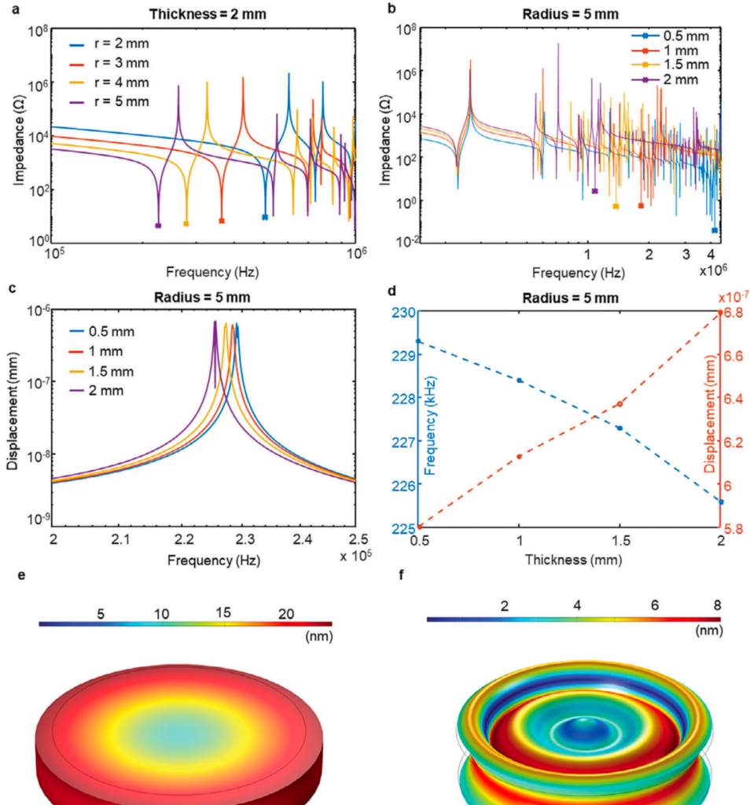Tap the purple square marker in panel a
click(x=159, y=226)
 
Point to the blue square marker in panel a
click(x=265, y=217)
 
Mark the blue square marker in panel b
click(x=715, y=230)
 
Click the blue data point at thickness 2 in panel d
click(x=720, y=502)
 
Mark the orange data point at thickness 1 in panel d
click(x=519, y=456)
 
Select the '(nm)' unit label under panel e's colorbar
click(x=318, y=636)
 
